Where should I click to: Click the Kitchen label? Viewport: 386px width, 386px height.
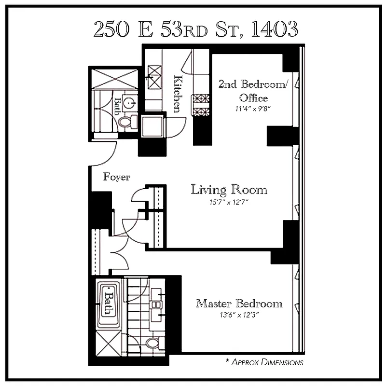click(x=178, y=94)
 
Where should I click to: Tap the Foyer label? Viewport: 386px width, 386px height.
click(x=117, y=177)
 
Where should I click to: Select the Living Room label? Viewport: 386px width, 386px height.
click(x=229, y=189)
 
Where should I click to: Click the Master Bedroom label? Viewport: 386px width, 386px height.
click(x=239, y=303)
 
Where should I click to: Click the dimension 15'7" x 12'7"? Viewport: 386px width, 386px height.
click(x=229, y=202)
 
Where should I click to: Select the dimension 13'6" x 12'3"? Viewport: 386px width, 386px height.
click(x=239, y=316)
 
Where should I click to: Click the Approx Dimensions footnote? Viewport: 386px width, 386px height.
click(x=264, y=362)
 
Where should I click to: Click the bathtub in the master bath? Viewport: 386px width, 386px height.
click(x=107, y=305)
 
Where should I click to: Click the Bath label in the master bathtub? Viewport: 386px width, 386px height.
click(x=109, y=303)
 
